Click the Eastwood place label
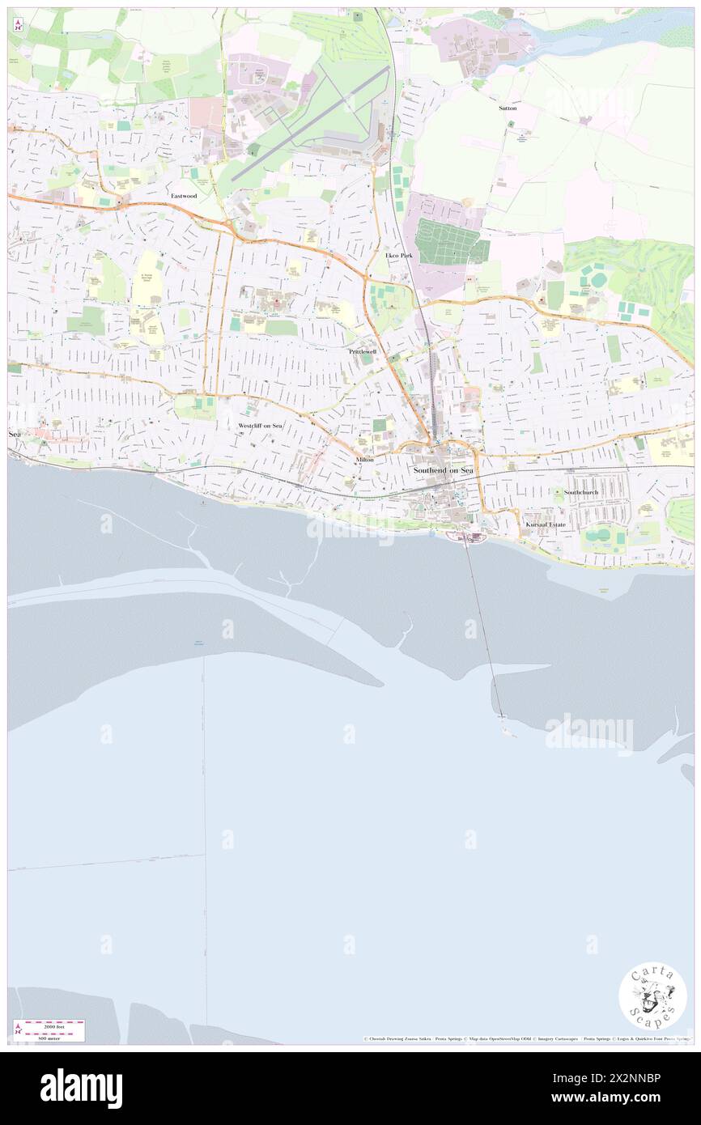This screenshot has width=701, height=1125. point(184,196)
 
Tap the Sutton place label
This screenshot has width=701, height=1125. point(508,108)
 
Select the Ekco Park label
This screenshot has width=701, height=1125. point(399,255)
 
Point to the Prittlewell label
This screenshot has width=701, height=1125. point(363,352)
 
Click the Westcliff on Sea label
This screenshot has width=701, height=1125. point(261,425)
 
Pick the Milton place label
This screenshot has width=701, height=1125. point(364,459)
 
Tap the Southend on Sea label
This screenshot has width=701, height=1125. point(443,469)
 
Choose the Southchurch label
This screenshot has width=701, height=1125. point(580,492)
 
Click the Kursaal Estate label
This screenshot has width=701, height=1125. point(546,524)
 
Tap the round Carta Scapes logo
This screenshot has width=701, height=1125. point(652,996)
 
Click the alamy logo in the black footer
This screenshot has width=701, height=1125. point(81,1089)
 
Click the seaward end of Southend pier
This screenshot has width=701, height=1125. point(502,715)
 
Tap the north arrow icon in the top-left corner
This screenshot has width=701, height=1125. point(18,24)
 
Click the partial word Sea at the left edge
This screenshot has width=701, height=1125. point(14,435)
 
